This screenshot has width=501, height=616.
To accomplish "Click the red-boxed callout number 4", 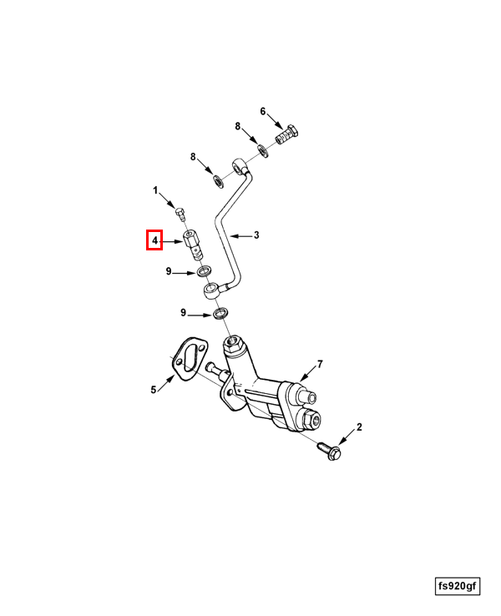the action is [x=154, y=240].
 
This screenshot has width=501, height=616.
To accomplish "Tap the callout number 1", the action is [x=155, y=190].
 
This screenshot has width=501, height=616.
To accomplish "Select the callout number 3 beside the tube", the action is [x=256, y=235].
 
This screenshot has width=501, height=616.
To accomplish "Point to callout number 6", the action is [x=263, y=112].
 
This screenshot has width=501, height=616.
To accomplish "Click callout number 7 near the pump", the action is [x=320, y=364].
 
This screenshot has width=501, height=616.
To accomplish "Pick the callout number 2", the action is [x=359, y=427].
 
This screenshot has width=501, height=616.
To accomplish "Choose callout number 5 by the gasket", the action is [x=154, y=390].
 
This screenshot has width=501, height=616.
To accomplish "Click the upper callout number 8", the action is [x=238, y=126].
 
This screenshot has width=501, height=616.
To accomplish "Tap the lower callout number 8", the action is [x=193, y=157].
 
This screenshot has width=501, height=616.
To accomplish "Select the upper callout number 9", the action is [x=169, y=271].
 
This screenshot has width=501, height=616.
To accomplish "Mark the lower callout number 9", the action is [x=183, y=313].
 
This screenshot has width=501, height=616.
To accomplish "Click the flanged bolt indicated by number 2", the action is [x=330, y=451].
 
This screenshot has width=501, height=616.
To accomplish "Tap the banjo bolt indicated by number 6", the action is [x=287, y=134].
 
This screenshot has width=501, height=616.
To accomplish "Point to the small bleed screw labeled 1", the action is [x=180, y=215].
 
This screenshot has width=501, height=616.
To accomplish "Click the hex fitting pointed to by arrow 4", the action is [x=193, y=245].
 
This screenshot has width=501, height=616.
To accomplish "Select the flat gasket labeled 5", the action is [x=190, y=357].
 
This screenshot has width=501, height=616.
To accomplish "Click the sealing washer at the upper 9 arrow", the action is [x=205, y=271].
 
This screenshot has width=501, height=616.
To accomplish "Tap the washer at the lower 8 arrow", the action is [x=218, y=181].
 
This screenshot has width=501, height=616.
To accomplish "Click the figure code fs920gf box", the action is [x=458, y=587].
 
